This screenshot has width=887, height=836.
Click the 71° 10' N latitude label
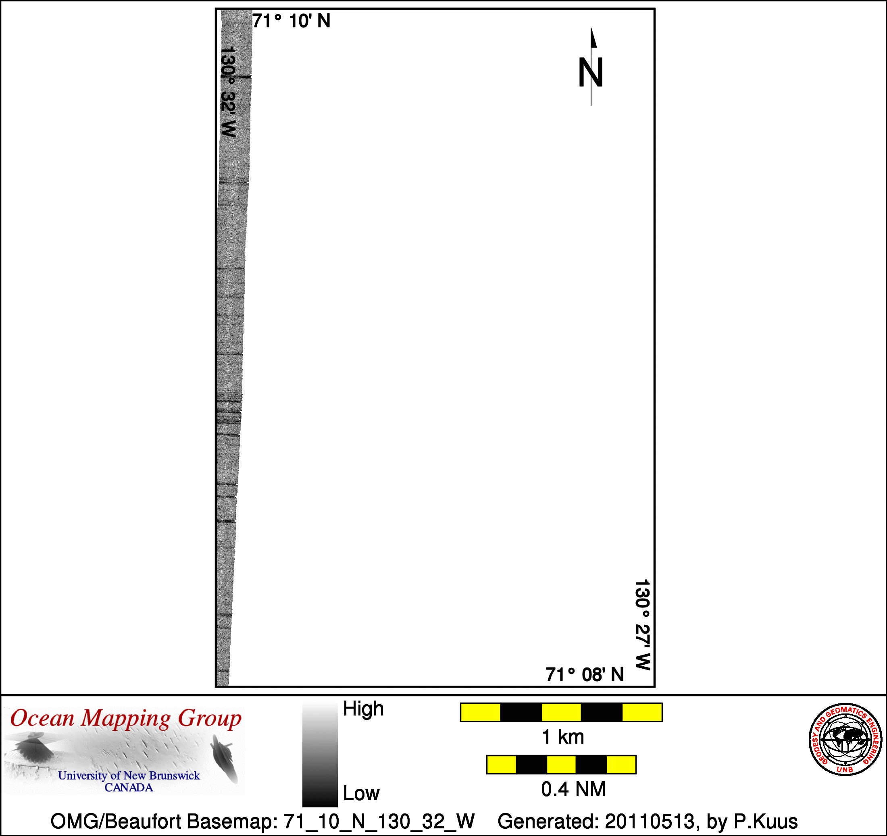[292, 21]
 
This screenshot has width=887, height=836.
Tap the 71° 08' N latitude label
[585, 674]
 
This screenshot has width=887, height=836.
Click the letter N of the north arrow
[591, 72]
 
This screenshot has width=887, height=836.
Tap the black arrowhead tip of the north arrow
[591, 28]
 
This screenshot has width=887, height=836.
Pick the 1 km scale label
[562, 737]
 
